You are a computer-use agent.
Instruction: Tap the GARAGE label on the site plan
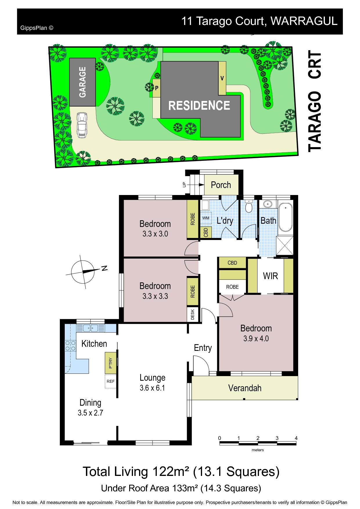coord(82,82)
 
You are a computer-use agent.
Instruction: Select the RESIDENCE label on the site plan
coord(199,105)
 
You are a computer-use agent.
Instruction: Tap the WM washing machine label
coord(206,218)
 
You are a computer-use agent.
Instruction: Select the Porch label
coord(221,185)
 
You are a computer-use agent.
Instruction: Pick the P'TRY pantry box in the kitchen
coord(111,363)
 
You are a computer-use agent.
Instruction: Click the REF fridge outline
coord(111,381)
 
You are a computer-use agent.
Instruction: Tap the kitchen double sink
coord(90,328)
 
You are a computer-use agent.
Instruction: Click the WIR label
coord(271,276)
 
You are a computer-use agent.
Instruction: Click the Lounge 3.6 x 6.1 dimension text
coord(152,388)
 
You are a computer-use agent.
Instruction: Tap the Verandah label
coord(245,388)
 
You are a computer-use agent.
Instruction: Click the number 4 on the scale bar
coord(296,438)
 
